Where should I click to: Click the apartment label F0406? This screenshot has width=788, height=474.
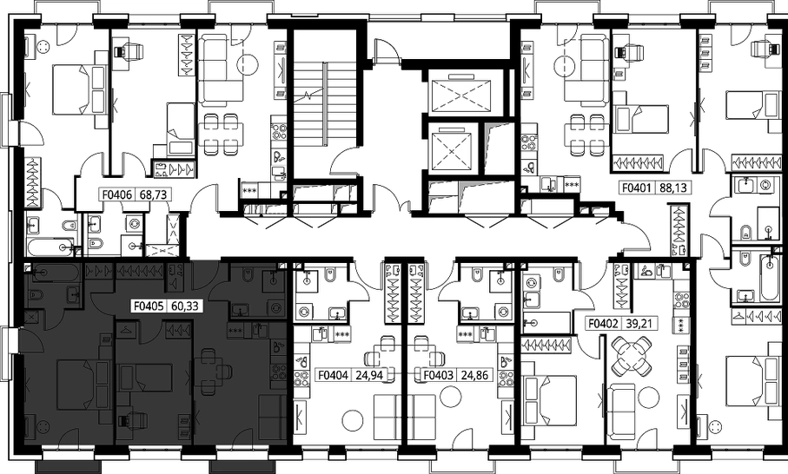[x=117, y=194]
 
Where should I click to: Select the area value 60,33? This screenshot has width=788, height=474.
[x=185, y=306]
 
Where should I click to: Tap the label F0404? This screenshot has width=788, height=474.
[x=334, y=374]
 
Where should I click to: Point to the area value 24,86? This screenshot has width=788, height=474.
[x=473, y=374]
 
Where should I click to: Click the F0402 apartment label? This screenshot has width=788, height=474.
[x=603, y=323]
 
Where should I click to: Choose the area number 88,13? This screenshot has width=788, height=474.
[x=672, y=188]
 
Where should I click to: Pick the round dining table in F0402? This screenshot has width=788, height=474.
[x=632, y=356]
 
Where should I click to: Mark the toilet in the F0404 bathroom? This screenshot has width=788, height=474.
[x=330, y=277]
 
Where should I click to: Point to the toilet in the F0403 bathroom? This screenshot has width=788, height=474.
[x=476, y=277]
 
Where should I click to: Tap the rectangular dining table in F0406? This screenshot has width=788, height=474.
[x=221, y=134]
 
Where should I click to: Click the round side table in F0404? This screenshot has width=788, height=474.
[x=353, y=422]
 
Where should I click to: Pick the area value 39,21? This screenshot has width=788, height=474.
[x=639, y=323]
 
